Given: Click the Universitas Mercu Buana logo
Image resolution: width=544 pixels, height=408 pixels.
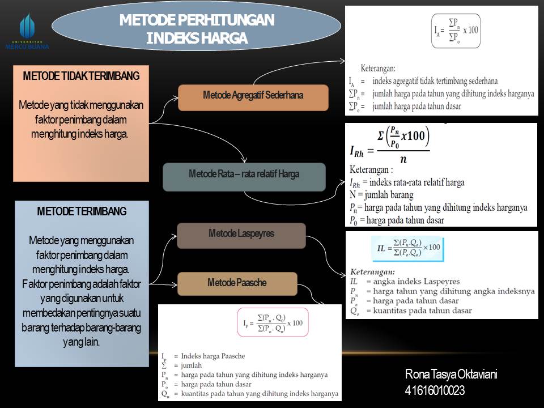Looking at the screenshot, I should click(27, 32).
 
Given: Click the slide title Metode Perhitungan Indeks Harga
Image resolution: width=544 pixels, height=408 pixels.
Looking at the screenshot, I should click(197, 29).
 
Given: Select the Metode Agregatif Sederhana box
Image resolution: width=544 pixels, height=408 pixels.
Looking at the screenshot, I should click(253, 96).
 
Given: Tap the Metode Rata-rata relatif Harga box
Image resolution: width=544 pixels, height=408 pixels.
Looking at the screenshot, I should click(244, 175).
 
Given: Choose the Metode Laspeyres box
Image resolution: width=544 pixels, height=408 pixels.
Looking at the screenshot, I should click(241, 233).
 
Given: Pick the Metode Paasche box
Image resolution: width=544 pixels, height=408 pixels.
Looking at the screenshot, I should click(237, 283).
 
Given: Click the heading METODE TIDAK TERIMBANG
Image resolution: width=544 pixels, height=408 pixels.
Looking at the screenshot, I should click(81, 76).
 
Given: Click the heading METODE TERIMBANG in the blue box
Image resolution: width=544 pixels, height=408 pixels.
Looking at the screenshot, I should click(82, 211).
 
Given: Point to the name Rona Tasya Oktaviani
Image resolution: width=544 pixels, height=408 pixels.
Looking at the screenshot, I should click(451, 375).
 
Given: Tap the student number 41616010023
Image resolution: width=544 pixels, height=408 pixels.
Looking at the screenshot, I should click(435, 390).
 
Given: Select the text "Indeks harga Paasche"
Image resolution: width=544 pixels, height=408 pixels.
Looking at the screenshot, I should click(213, 356).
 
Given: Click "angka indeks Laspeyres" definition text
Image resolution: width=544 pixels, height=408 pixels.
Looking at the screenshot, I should click(413, 281).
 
